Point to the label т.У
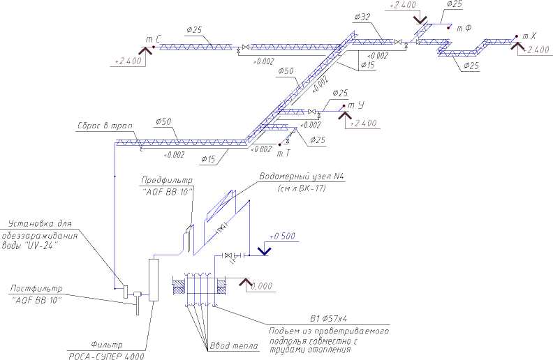[x=355, y=105]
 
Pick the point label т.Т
[x=283, y=153]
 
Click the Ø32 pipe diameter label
[x=362, y=15]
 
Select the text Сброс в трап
[x=105, y=126]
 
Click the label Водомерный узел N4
[x=302, y=177]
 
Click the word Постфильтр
[x=36, y=288]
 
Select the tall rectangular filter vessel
[x=154, y=280]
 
